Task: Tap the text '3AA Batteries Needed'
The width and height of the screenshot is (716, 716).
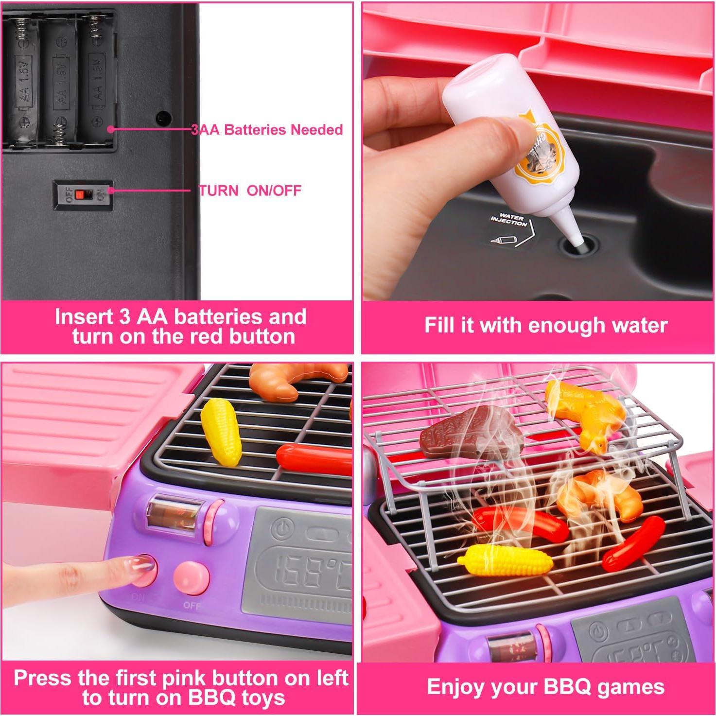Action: (x=267, y=130)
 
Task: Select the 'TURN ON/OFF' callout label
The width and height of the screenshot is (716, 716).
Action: (x=250, y=190)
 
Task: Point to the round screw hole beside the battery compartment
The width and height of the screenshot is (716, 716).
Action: (x=163, y=118)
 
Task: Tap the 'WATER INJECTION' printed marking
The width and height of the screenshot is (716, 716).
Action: (x=508, y=220)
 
